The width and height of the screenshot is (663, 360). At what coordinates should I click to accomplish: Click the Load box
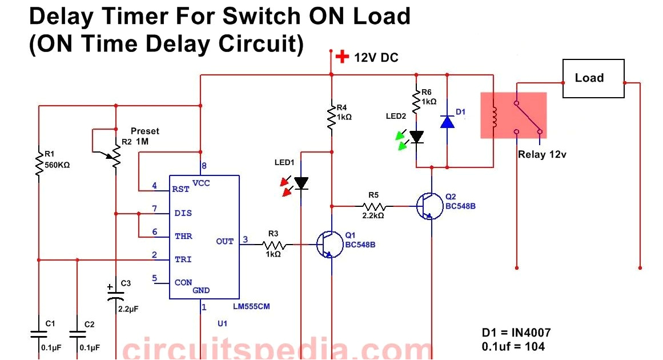click(x=593, y=78)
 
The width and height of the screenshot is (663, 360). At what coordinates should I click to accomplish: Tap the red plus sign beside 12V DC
click(x=341, y=57)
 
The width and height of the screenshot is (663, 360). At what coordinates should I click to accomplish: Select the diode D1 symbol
click(x=447, y=122)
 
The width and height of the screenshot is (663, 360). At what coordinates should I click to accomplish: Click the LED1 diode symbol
click(x=301, y=183)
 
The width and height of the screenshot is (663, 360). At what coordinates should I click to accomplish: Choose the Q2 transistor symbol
click(x=429, y=206)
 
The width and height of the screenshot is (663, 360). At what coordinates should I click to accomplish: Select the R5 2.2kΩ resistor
click(x=375, y=206)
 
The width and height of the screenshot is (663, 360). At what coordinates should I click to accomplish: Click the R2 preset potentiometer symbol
click(x=116, y=155)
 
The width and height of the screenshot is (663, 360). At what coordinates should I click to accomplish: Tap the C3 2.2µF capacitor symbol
click(x=116, y=296)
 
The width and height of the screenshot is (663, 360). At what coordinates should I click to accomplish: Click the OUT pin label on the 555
click(x=225, y=241)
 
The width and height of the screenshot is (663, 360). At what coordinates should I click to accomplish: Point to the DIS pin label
click(x=183, y=213)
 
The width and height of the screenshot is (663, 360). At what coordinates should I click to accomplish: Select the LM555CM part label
click(x=251, y=307)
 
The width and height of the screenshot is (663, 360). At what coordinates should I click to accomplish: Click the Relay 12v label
click(x=542, y=154)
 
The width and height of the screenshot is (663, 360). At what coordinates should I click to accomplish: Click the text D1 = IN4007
click(x=516, y=333)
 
